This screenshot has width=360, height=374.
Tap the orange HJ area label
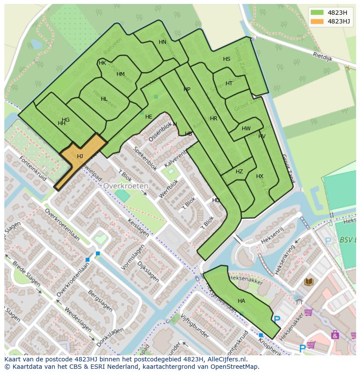coord(80,156)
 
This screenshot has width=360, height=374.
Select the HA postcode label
coord(241,301)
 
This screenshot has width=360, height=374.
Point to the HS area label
coord(227,59)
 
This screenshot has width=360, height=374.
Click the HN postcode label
coord(162,42)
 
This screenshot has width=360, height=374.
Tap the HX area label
coord(260,176)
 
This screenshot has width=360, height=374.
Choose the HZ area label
coord(239,172)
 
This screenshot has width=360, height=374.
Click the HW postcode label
coord(246,129)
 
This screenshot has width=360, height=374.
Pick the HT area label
coord(229,83)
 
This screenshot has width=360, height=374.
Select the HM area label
coord(120,74)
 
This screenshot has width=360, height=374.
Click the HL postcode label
coord(104,99)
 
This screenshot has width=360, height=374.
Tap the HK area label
coord(102,63)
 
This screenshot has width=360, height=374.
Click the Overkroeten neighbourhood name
coord(126,185)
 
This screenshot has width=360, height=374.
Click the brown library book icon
coord(309,282)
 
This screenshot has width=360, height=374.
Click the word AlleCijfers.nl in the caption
coord(227,360)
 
